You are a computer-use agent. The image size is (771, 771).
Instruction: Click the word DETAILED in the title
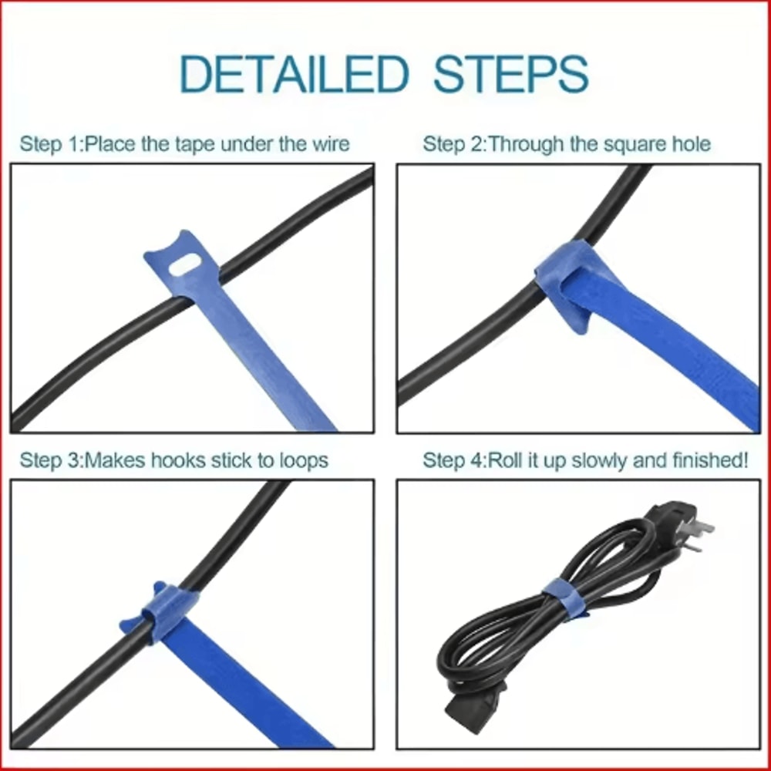[x=293, y=74]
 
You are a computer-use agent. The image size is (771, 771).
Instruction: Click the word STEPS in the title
[x=510, y=74]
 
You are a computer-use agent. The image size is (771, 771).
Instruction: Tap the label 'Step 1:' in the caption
[x=50, y=144]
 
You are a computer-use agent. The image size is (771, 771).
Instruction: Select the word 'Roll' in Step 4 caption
[x=507, y=461]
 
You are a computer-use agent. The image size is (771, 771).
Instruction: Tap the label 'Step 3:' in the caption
[x=50, y=461]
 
